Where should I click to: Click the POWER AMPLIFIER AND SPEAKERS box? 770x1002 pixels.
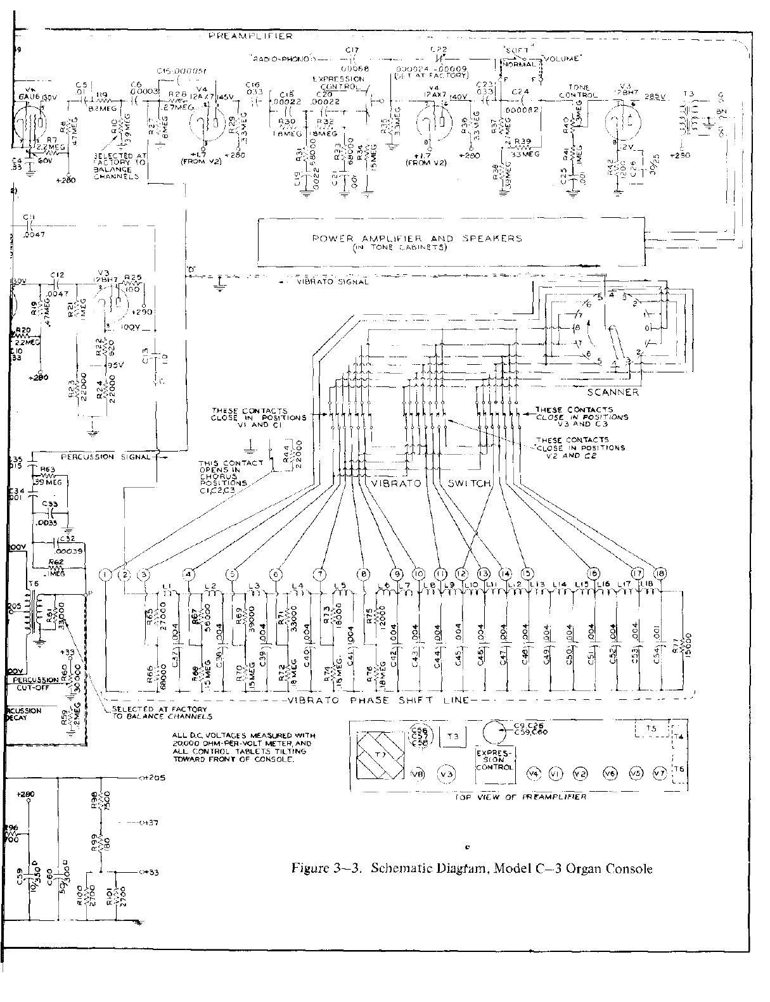(x=451, y=242)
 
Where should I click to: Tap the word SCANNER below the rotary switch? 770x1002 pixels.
(x=614, y=392)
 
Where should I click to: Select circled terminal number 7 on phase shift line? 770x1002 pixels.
(x=322, y=574)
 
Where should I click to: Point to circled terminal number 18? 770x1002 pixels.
(x=659, y=574)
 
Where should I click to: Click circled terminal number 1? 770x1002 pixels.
(x=105, y=574)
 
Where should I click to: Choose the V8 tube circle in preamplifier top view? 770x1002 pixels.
(x=417, y=773)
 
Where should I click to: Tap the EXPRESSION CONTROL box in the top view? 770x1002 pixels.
(x=495, y=758)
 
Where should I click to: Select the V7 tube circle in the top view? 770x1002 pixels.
(x=658, y=773)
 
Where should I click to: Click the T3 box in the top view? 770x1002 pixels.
(x=452, y=737)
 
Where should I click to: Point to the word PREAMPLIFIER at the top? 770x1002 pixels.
(x=250, y=37)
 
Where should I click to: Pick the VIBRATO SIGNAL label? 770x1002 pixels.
(x=332, y=282)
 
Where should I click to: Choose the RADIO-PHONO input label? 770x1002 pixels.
(x=280, y=58)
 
